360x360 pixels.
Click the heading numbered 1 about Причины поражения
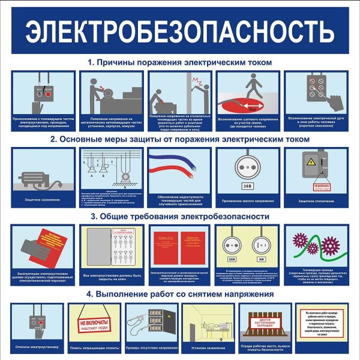point(180,62)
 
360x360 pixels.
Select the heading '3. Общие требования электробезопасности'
point(180,216)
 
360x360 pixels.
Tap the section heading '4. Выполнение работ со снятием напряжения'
point(180,294)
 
